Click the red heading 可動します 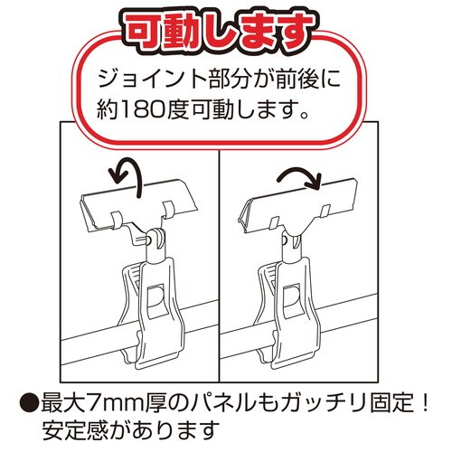pos(220,31)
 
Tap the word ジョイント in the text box pos(153,80)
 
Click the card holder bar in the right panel pos(299,205)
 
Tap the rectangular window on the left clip pos(155,300)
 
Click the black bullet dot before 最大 pos(29,403)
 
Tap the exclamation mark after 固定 pos(425,403)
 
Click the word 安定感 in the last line pos(74,430)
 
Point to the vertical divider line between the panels pos(219,266)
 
